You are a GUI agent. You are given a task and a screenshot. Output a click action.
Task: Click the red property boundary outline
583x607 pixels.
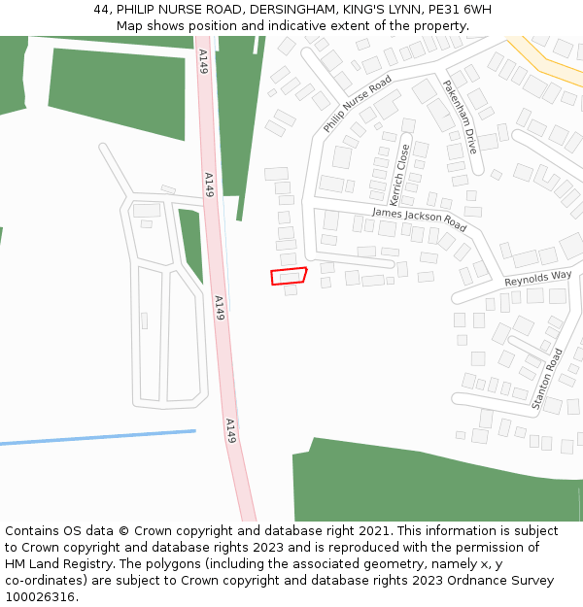[x=289, y=277]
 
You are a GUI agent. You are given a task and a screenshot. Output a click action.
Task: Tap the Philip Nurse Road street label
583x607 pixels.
[x=358, y=104]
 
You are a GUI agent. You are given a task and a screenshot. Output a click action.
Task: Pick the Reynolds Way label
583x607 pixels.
[x=537, y=279]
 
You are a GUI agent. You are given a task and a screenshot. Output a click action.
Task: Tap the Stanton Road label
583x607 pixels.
[x=547, y=378]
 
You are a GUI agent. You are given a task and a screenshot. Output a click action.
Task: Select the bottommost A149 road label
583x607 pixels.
[x=231, y=430]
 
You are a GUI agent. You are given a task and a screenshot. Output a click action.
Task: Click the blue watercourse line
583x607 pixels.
[x=97, y=438]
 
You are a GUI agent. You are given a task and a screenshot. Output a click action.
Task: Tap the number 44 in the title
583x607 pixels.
[x=102, y=10]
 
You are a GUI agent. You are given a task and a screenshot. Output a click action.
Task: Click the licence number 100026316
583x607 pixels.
[x=41, y=597]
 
